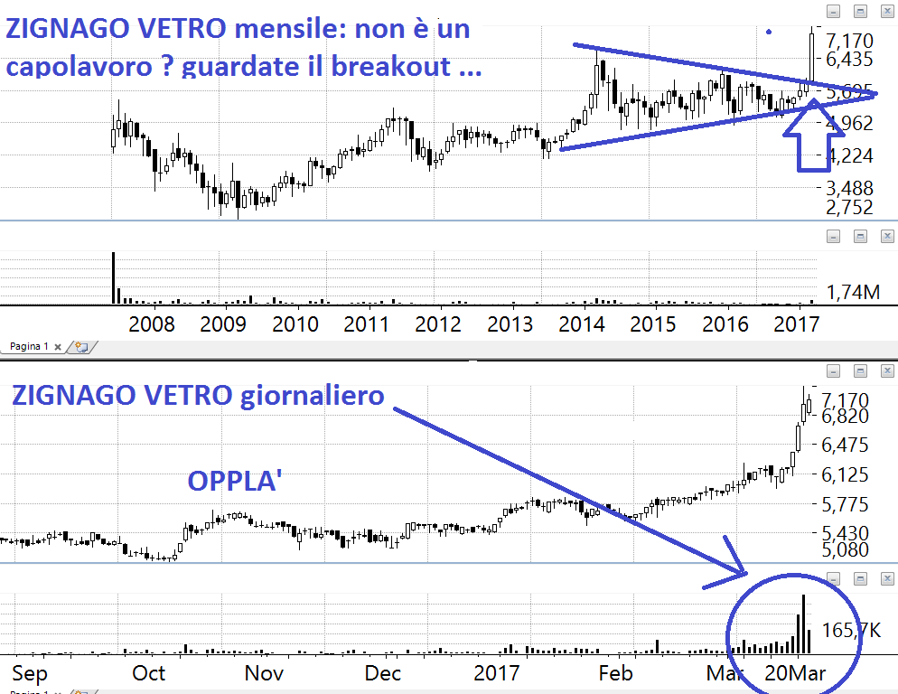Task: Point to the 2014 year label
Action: click(x=583, y=324)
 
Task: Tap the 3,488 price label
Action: click(x=850, y=188)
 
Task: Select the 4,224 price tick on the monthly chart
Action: click(x=850, y=155)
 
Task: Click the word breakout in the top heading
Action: click(x=417, y=67)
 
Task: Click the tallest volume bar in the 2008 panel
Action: click(x=114, y=277)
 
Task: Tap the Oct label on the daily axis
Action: click(x=149, y=673)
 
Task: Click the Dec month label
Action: click(x=384, y=673)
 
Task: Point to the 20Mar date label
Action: click(x=794, y=673)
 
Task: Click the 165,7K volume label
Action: click(x=850, y=631)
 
